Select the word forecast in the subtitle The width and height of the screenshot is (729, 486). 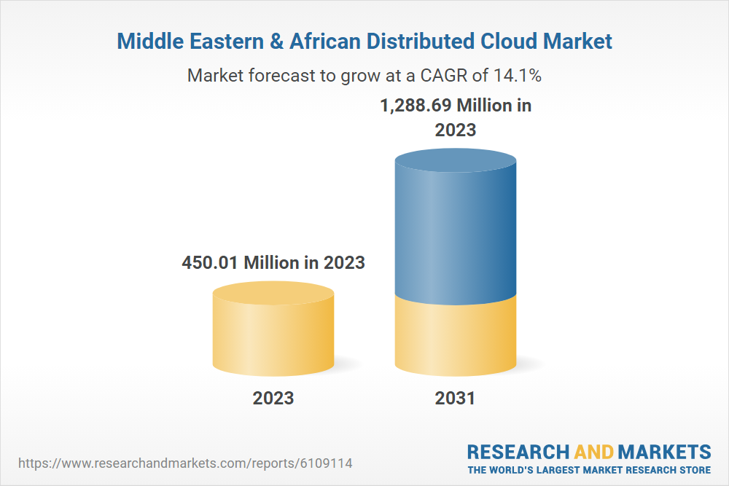click(x=276, y=75)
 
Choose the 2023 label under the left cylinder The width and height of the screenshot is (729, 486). click(x=273, y=398)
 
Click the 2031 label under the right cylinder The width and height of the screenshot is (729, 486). click(x=455, y=398)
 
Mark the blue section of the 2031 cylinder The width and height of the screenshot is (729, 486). click(x=455, y=233)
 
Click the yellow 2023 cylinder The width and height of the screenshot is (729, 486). click(x=273, y=335)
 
